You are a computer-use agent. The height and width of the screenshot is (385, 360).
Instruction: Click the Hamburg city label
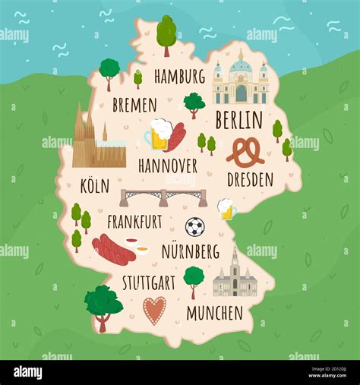pyautogui.click(x=179, y=76)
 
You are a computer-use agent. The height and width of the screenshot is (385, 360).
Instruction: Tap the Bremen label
pyautogui.click(x=134, y=105)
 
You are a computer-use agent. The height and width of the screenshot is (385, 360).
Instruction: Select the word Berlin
pyautogui.click(x=238, y=120)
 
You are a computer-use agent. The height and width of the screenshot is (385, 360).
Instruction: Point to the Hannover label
pyautogui.click(x=167, y=165)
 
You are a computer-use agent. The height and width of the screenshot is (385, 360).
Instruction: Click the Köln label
pyautogui.click(x=94, y=185)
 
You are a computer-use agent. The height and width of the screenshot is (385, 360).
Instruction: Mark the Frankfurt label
pyautogui.click(x=134, y=222)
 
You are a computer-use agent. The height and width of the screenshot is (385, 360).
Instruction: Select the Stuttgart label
pyautogui.click(x=148, y=282)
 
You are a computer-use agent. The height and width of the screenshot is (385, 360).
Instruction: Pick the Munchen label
pyautogui.click(x=214, y=312)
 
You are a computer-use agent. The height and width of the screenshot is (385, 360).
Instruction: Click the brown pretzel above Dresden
pyautogui.click(x=245, y=152)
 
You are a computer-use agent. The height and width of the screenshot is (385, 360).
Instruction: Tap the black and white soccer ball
pyautogui.click(x=195, y=226)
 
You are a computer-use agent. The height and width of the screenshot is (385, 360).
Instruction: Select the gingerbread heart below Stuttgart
pyautogui.click(x=154, y=310)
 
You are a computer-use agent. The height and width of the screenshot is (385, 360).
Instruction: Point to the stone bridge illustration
pyautogui.click(x=163, y=197)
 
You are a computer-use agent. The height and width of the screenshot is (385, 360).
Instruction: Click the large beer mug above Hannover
pyautogui.click(x=158, y=134)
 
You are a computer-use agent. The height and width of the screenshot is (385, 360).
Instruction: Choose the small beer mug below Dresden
pyautogui.click(x=226, y=209)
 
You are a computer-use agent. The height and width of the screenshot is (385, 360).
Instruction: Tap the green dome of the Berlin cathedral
pyautogui.click(x=241, y=65)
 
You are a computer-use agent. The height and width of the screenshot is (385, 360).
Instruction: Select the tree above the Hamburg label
pyautogui.click(x=166, y=33)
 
